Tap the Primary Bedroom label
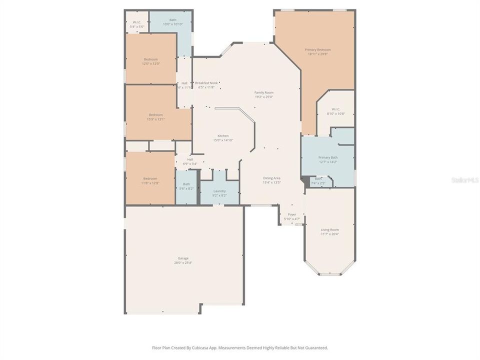pos(317,49)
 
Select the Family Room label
pos(264,92)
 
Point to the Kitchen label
pos(222,136)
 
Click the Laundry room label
pos(219,191)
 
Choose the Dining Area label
pos(272,178)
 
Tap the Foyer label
pos(292,214)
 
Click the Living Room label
pos(329,229)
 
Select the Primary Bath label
pos(328,157)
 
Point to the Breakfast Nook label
pos(206,82)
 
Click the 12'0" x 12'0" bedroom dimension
pos(150,63)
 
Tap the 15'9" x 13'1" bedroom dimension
pos(155,119)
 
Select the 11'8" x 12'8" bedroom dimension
pos(150,183)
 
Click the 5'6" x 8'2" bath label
pos(186,188)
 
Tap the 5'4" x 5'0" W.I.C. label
pos(136,26)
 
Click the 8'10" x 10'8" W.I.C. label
pos(336,113)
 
